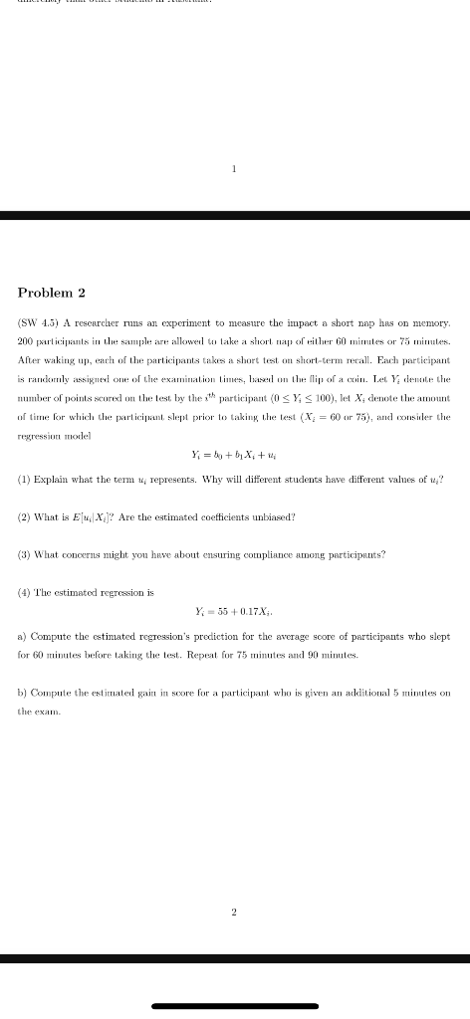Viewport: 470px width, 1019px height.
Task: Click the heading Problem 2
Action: click(52, 292)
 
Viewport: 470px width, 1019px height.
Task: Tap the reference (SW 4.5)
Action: click(39, 322)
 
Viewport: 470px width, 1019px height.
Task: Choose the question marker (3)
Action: click(23, 553)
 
